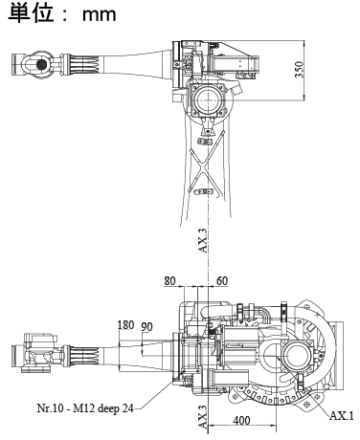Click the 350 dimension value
click(299, 69)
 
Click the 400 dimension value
click(241, 421)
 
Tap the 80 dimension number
click(169, 281)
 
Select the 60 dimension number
click(222, 281)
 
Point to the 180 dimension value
click(125, 325)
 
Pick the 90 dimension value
click(147, 327)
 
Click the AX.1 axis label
click(342, 416)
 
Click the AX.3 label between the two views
click(204, 241)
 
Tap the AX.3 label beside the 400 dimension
click(203, 417)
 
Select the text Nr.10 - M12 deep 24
click(85, 408)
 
